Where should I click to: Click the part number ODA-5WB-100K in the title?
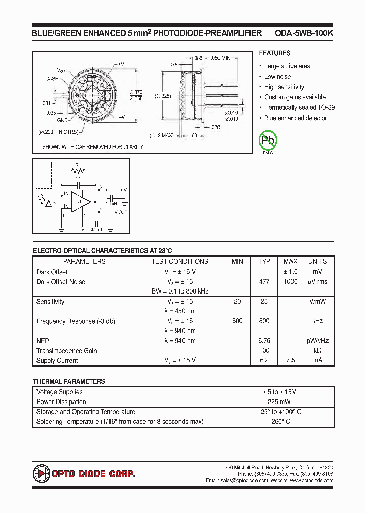tap(304, 33)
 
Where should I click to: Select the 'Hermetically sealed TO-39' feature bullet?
tap(299, 107)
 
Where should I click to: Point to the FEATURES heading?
tap(274, 53)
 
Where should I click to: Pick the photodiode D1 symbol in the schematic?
tap(48, 203)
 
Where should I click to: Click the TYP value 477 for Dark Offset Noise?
tap(264, 282)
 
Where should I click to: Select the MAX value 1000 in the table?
tap(290, 282)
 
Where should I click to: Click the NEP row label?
tap(43, 341)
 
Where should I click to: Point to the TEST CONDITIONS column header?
tap(179, 261)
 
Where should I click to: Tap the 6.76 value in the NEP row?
tap(264, 341)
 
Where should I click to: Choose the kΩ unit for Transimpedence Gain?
tap(317, 351)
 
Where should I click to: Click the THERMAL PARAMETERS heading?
tap(69, 381)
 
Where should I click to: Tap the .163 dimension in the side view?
tap(192, 135)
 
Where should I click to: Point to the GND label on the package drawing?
tap(62, 120)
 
